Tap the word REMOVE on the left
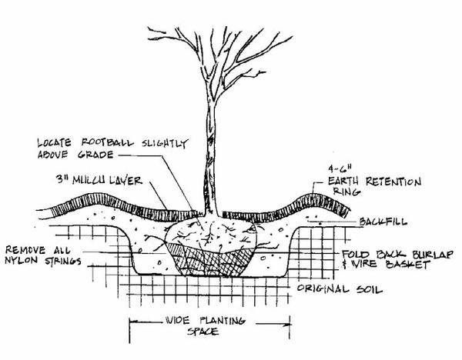27,250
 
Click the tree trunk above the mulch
208,154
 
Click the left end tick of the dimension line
128,322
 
